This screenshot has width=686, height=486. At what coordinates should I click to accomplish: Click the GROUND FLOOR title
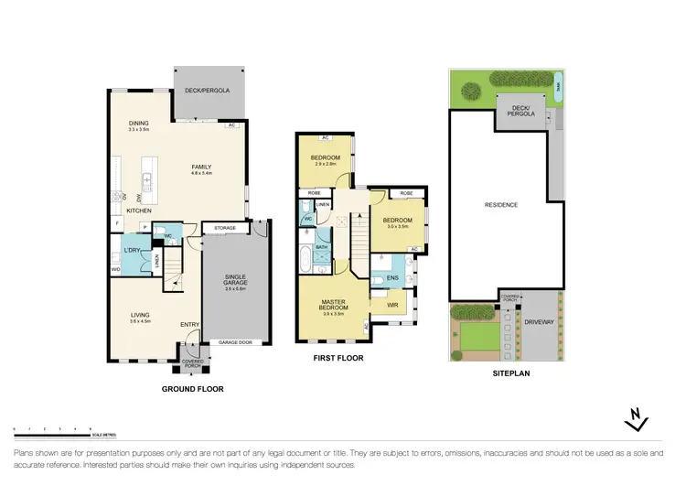[x=192, y=389]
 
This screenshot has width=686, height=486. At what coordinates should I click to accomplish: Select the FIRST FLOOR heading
[x=336, y=358]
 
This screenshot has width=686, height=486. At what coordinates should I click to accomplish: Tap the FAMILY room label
[x=201, y=167]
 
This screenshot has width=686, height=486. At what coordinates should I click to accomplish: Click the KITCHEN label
[x=138, y=211]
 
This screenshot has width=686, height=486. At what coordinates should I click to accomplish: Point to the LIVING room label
[x=138, y=315]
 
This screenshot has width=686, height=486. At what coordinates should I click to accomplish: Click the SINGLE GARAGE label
[x=236, y=282]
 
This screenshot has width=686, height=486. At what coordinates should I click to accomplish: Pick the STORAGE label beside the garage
[x=225, y=228]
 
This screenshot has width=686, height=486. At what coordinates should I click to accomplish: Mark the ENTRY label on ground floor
[x=190, y=324]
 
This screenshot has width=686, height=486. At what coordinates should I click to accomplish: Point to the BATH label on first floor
[x=322, y=247]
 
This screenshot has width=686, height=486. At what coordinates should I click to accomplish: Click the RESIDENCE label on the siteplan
[x=501, y=205]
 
